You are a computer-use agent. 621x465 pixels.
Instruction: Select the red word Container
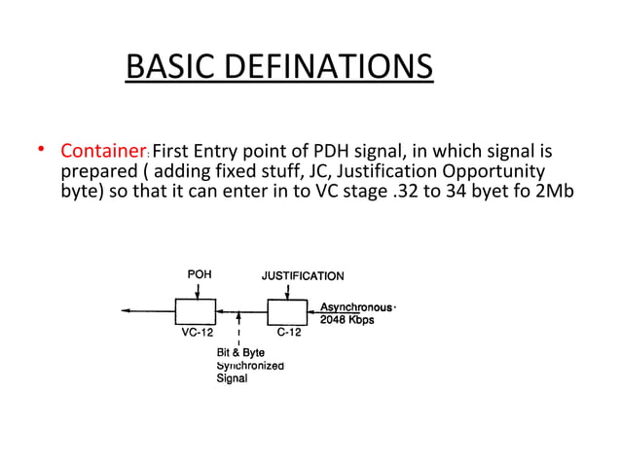point(103,152)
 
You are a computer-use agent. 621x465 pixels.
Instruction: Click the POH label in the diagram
point(199,275)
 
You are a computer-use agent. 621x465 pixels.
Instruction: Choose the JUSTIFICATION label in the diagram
point(302,275)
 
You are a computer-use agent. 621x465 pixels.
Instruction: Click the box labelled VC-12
point(195,311)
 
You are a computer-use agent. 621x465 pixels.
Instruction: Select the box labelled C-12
point(287,311)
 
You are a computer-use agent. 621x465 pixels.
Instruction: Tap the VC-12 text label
point(197,333)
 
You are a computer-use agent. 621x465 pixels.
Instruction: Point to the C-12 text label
point(288,333)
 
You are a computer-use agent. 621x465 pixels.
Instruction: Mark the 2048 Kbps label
point(347,319)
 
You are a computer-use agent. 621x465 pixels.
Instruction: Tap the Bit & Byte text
point(240,352)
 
